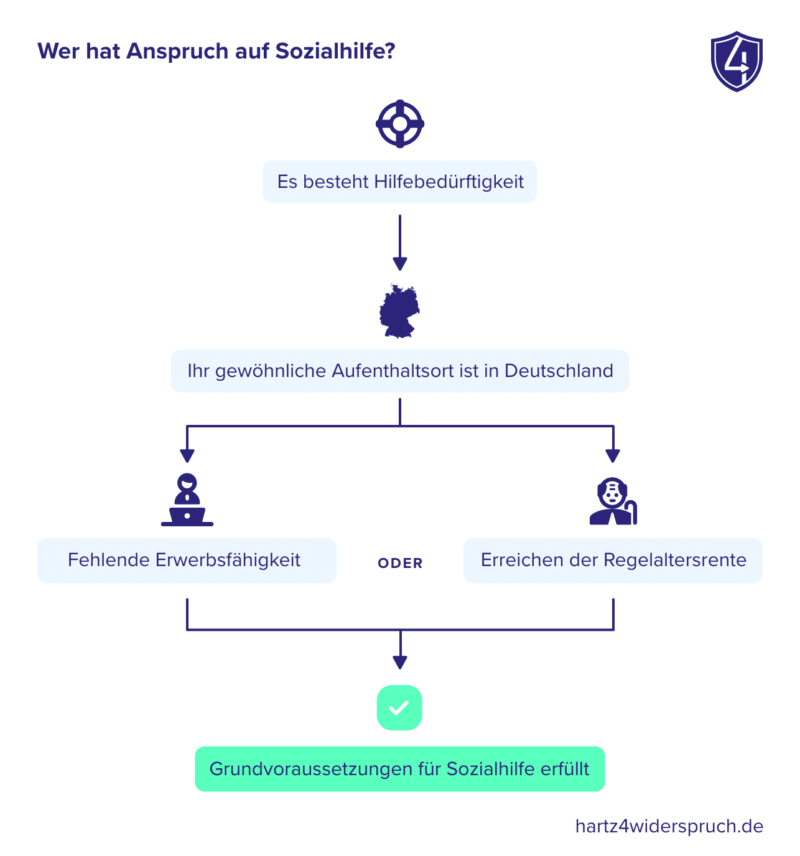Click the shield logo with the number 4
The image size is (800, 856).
[736, 61]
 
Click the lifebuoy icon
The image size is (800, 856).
[399, 124]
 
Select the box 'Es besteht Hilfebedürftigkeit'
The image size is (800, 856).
[399, 182]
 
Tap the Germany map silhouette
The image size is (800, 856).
[399, 311]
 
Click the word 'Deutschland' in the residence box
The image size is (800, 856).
[559, 371]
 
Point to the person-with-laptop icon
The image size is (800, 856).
[187, 500]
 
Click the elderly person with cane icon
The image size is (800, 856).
[613, 501]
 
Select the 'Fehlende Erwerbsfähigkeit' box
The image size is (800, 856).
[187, 561]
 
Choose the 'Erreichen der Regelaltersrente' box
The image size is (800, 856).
[613, 561]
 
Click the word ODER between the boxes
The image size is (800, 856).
[400, 563]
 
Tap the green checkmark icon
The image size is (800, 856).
[399, 708]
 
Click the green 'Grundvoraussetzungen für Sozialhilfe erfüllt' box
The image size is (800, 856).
[399, 769]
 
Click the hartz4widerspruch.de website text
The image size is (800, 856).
[669, 826]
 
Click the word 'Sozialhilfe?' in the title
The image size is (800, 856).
[335, 51]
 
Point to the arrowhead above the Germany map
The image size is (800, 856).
[399, 264]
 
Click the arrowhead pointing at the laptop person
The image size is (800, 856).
[187, 455]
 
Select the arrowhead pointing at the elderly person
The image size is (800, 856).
[613, 455]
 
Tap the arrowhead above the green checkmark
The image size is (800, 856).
[399, 663]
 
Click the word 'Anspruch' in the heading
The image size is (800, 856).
[177, 52]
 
